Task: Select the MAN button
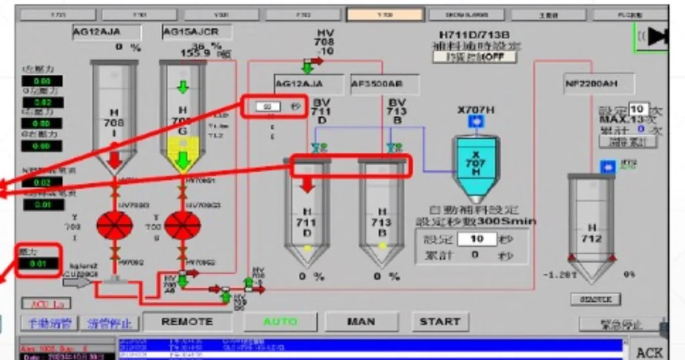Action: tap(361, 322)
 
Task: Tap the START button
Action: tap(439, 322)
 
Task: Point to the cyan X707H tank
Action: tap(476, 167)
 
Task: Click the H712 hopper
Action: tap(592, 228)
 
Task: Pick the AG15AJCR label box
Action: tap(196, 31)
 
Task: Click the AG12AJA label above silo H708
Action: tap(106, 31)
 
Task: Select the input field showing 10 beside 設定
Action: tap(477, 239)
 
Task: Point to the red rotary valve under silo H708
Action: tap(115, 226)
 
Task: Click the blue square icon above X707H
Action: tap(476, 121)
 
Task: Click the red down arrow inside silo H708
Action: tap(114, 159)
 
